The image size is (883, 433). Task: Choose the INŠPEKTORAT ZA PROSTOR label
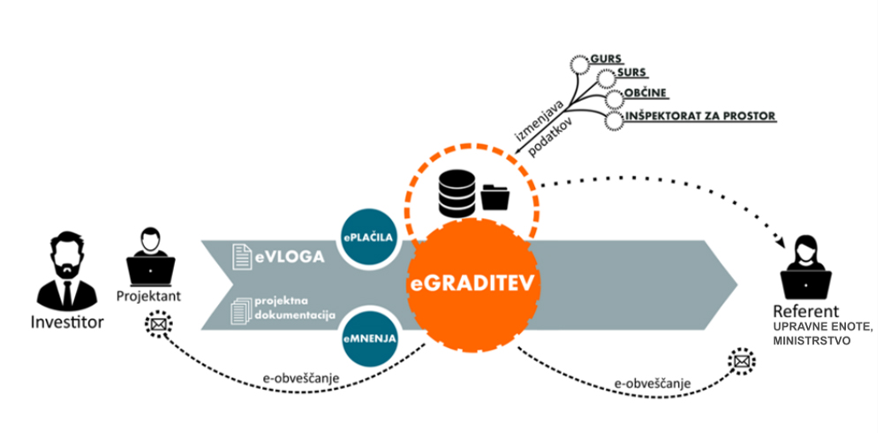(700, 116)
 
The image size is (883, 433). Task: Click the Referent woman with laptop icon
(804, 269)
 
